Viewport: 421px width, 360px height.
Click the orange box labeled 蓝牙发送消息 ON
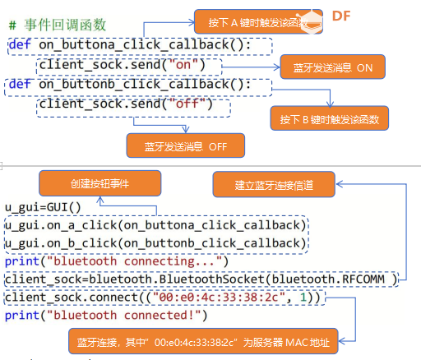coord(333,67)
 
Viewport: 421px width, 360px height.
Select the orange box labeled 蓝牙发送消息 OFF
coord(186,145)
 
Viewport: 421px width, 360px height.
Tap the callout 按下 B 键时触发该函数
coord(330,118)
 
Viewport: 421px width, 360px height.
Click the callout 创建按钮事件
coord(100,183)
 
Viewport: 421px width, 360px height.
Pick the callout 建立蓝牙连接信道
coord(274,184)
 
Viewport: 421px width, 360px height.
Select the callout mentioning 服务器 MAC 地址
coord(203,341)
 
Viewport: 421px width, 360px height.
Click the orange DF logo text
coord(341,16)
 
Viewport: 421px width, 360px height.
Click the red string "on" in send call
coord(183,65)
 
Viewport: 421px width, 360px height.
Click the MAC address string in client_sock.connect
coord(220,298)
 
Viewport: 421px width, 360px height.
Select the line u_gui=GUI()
coord(43,207)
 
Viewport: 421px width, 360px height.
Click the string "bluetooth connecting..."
coord(135,261)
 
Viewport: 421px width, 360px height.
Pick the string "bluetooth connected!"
coord(124,316)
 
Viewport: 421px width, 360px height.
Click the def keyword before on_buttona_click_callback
coord(20,44)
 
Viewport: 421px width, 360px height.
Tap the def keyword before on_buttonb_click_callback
coord(20,84)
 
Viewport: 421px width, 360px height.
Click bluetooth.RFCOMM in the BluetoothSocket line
coord(328,279)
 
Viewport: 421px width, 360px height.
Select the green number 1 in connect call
coord(303,298)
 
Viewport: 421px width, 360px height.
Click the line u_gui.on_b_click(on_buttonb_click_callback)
coord(155,243)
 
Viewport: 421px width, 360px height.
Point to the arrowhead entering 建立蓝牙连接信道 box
coord(340,184)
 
